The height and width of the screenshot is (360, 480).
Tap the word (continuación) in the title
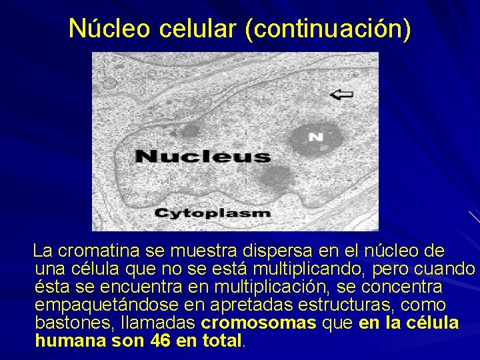pos(328,28)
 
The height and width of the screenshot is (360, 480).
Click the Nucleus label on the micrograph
pos(203,157)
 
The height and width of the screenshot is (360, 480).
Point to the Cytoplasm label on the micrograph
pos(213,213)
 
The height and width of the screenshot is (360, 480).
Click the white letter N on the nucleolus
pos(315,137)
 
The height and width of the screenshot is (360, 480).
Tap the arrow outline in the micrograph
pos(342,95)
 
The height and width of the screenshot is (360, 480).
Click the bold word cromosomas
pos(259,323)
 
